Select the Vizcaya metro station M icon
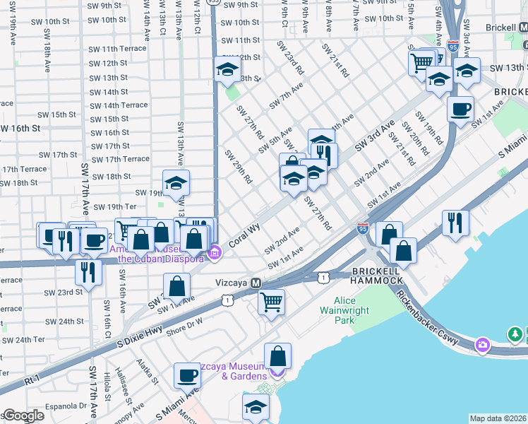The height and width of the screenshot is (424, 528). coord(257,283)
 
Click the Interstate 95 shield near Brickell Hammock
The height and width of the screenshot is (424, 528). coord(363,228)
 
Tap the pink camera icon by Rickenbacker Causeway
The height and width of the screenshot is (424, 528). coord(483,345)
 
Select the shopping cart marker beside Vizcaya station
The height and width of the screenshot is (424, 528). coord(272,302)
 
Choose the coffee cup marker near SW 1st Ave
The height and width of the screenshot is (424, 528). coord(460,110)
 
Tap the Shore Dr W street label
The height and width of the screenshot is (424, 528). coord(184,322)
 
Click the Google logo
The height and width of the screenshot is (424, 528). coord(23,416)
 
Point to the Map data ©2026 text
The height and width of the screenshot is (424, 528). coord(498,418)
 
